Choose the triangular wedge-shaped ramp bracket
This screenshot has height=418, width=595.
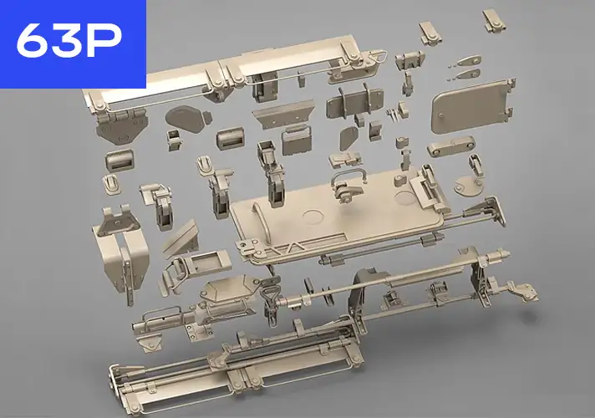tap(178, 239)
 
